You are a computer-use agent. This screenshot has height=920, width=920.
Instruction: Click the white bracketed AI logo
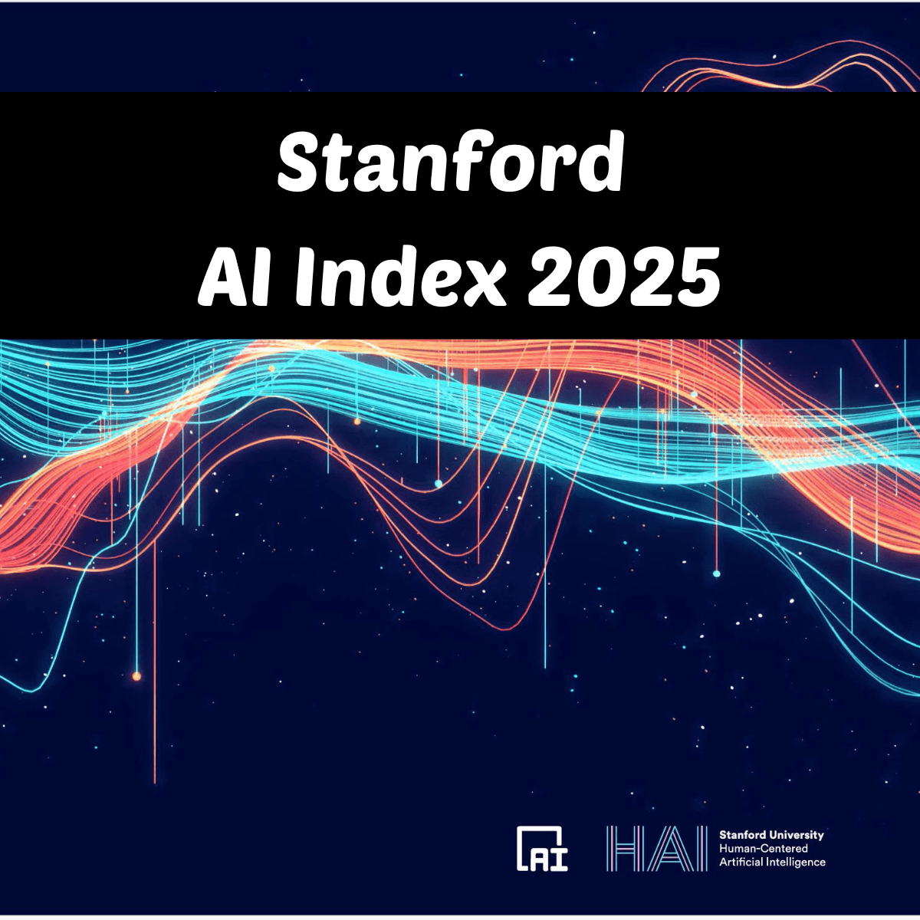click(542, 849)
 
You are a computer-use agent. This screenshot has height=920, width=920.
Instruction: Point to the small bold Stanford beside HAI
click(741, 835)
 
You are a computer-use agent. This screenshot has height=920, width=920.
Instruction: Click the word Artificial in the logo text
click(738, 863)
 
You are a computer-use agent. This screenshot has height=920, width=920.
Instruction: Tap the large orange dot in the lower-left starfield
click(136, 676)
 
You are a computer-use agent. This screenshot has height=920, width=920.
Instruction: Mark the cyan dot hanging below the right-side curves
click(717, 573)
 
